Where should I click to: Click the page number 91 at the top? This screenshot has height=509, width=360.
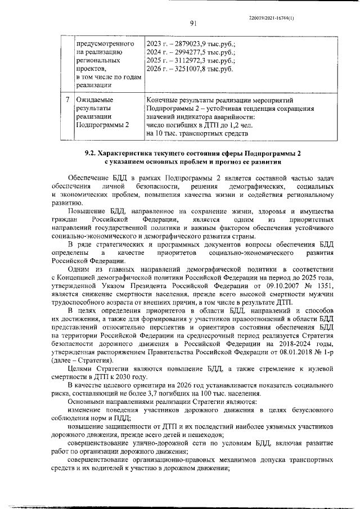click(x=192, y=23)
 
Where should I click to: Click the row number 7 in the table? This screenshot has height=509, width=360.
click(x=67, y=100)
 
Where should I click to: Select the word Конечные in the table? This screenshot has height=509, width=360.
click(x=163, y=100)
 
